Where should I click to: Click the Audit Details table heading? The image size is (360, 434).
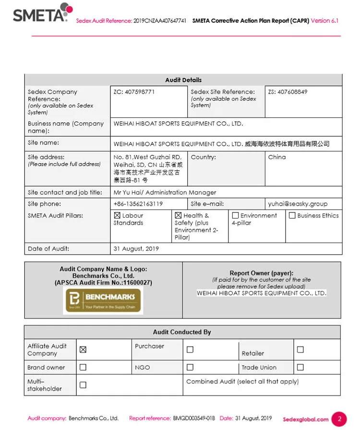pos(183,80)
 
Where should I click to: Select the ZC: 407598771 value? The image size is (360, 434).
pos(134,92)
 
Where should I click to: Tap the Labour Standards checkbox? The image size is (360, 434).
pos(117,216)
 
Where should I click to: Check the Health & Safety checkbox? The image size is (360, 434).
pos(178,216)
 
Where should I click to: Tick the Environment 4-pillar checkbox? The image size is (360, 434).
pos(235,216)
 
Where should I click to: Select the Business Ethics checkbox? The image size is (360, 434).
pos(292,216)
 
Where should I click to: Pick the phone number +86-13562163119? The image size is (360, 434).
pos(138,204)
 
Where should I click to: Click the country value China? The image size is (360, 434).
pos(277,157)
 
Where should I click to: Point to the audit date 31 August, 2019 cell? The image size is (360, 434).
pos(136,248)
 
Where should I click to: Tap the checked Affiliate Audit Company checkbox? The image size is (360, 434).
pos(83,350)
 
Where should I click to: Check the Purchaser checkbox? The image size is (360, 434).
pos(190,350)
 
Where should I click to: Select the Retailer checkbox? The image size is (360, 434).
pos(300,350)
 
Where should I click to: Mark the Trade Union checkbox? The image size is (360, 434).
pos(300,367)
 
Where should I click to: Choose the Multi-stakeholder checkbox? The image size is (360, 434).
pos(83,385)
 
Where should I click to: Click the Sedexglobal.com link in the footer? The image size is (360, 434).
pos(306,419)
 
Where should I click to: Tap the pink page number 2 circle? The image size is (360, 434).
pos(339,419)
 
